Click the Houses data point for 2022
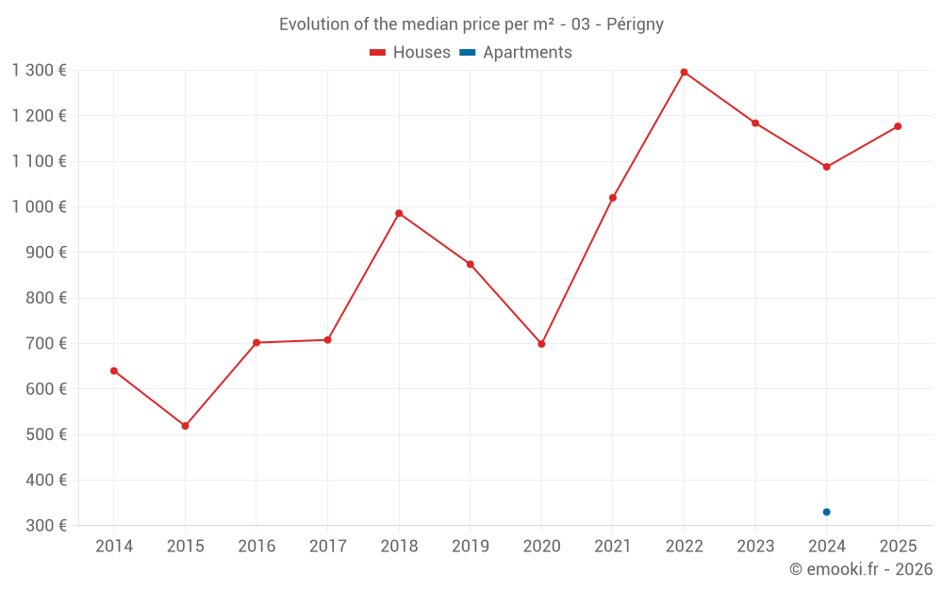pos(684,73)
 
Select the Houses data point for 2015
pos(185,426)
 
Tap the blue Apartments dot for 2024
pos(826,512)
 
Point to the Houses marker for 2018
pos(399,213)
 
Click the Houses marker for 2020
pos(541,344)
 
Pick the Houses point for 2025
pos(898,126)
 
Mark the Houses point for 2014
pos(114,370)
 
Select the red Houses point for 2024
pos(826,167)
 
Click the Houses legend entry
pos(410,53)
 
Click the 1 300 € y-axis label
pos(40,70)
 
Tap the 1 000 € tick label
pos(40,206)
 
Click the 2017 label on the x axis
pos(327,546)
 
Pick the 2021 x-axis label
pos(612,546)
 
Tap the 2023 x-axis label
pos(754,546)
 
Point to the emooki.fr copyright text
pos(860,569)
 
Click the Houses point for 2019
pos(470,264)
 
